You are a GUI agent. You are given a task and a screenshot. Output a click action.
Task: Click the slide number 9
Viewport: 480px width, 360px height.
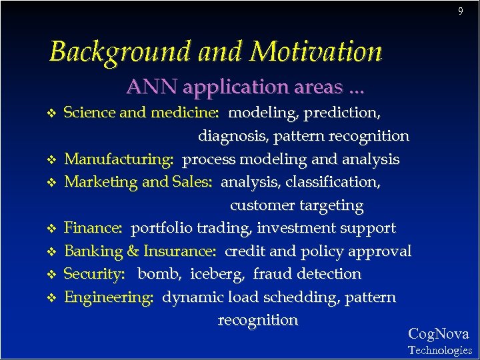(460, 11)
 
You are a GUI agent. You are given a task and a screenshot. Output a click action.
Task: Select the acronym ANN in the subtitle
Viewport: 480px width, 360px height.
(152, 87)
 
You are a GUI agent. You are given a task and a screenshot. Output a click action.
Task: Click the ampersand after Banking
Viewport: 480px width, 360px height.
(132, 251)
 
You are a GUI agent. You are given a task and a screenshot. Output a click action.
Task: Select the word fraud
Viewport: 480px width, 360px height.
(270, 274)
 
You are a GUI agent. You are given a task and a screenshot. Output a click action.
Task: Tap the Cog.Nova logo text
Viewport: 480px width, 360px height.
(438, 334)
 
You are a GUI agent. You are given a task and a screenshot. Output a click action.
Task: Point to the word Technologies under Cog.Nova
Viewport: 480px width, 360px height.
(439, 350)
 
